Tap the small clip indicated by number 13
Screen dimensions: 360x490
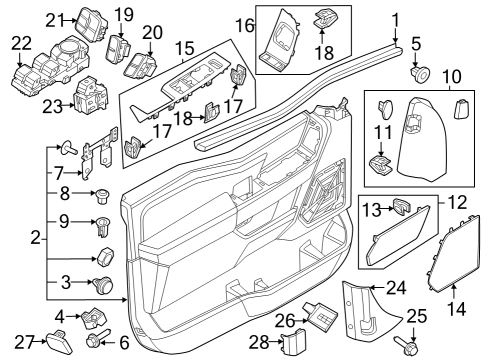(403, 205)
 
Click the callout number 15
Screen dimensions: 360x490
(184, 48)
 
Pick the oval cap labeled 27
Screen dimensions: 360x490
(59, 346)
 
